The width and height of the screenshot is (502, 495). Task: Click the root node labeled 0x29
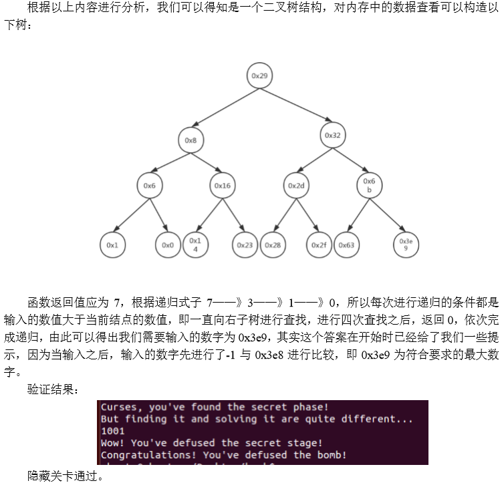point(259,76)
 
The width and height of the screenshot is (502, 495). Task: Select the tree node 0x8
point(191,140)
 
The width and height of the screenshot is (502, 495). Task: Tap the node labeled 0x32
point(332,135)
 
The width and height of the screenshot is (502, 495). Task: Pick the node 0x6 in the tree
point(150,186)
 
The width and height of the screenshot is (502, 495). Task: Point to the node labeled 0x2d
point(295,186)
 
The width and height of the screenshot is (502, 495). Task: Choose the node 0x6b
point(369,185)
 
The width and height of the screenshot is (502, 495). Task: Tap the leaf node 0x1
point(112,245)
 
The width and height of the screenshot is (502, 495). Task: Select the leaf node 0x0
point(167,245)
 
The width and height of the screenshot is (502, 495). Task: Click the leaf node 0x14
point(195,244)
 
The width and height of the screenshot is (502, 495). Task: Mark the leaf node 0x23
point(245,245)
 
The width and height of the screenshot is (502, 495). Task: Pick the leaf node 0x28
point(273,245)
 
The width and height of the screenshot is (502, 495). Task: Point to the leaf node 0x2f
point(319,245)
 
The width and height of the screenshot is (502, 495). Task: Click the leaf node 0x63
point(346,245)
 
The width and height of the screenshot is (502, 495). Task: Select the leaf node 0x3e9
point(406,244)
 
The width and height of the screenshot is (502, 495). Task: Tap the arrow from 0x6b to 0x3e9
point(388,215)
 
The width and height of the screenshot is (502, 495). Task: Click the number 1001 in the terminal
point(113,431)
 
